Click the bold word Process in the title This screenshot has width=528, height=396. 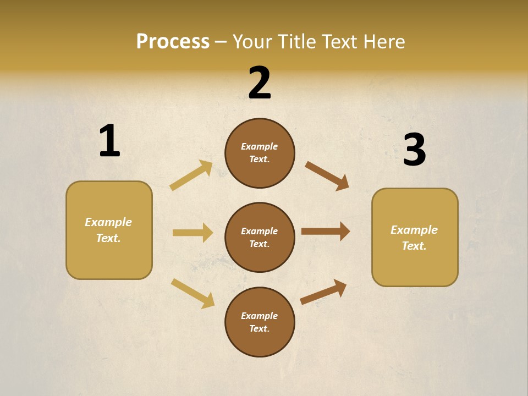(x=173, y=42)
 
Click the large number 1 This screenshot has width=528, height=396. (x=109, y=141)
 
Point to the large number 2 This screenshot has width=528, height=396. (x=260, y=83)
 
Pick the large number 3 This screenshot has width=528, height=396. (x=414, y=150)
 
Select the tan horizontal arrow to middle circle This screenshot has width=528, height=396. (x=193, y=233)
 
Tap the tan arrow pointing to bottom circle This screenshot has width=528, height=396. (x=193, y=293)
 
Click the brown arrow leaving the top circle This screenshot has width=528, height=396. (x=327, y=176)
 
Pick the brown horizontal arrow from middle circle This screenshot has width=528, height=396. (x=326, y=232)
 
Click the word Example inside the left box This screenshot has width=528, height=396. (x=108, y=222)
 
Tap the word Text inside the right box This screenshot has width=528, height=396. (x=414, y=246)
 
